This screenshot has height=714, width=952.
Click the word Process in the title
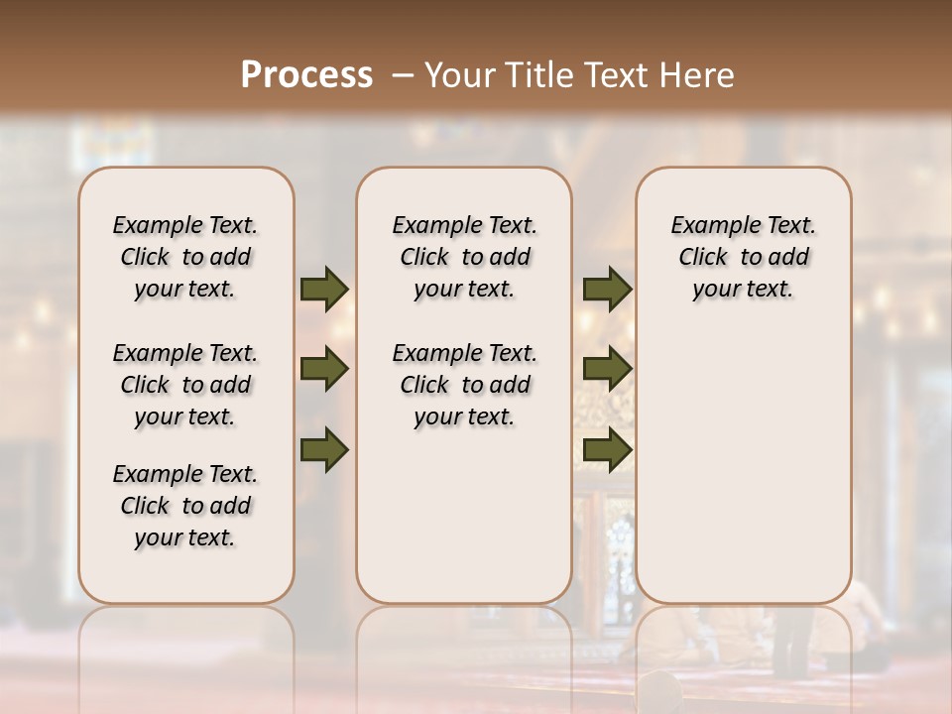pyautogui.click(x=306, y=75)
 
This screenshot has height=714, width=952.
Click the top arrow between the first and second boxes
pyautogui.click(x=324, y=290)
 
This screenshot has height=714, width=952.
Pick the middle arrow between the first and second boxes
pyautogui.click(x=324, y=369)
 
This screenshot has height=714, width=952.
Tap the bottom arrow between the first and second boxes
pyautogui.click(x=324, y=449)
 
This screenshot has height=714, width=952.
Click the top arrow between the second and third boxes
pyautogui.click(x=607, y=290)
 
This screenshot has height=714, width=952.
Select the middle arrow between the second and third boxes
pyautogui.click(x=607, y=369)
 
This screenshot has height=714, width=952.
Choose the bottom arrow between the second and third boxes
pyautogui.click(x=607, y=449)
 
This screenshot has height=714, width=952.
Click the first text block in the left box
pyautogui.click(x=185, y=257)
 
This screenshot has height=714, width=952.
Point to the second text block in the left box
pyautogui.click(x=185, y=385)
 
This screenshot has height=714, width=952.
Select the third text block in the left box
pyautogui.click(x=185, y=506)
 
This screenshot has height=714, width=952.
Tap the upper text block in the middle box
pyautogui.click(x=464, y=257)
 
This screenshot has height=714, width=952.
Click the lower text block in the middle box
pyautogui.click(x=464, y=385)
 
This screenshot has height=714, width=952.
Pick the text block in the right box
pyautogui.click(x=744, y=257)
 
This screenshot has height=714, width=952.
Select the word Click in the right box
pyautogui.click(x=703, y=258)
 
